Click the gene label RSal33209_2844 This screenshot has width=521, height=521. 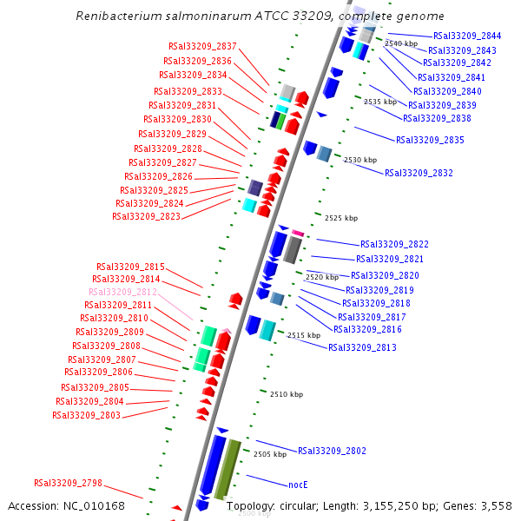(467, 36)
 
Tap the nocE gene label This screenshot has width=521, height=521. (299, 485)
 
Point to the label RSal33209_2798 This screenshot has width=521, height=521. (69, 483)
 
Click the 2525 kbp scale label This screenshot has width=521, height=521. (340, 218)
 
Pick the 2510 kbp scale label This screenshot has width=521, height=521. (286, 394)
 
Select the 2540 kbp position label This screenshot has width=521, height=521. (401, 43)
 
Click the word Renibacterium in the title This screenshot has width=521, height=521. (118, 16)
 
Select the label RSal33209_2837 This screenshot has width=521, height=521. (202, 46)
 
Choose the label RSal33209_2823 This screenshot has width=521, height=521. (146, 216)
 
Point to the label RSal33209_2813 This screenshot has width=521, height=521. (362, 347)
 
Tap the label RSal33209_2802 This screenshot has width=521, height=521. (332, 451)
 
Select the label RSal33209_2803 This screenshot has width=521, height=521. (86, 415)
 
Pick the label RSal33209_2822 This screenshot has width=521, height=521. (394, 244)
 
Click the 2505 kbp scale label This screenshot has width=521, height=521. (270, 454)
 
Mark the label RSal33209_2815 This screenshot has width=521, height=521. (130, 267)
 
